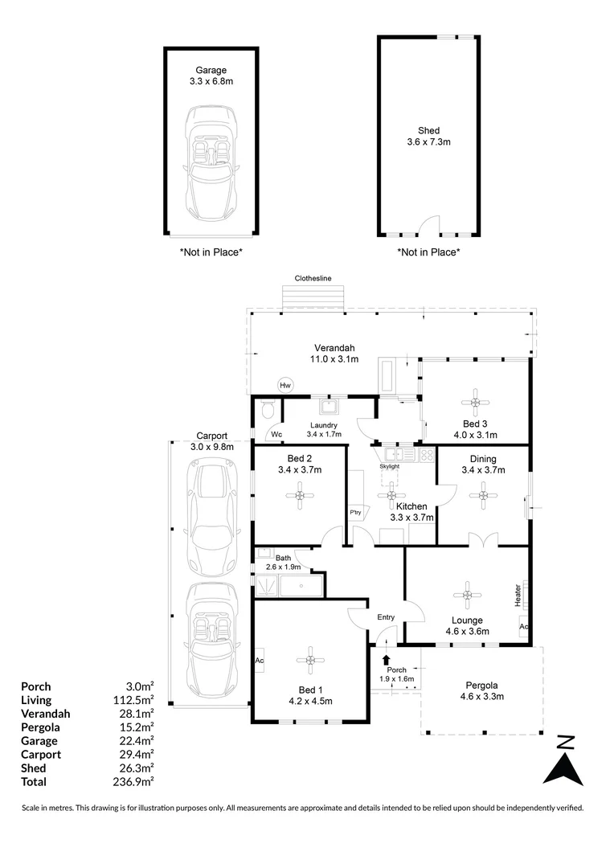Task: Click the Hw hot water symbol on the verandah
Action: (284, 385)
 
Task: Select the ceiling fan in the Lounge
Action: (466, 595)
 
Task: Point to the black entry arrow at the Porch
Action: (387, 660)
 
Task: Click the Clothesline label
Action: (313, 278)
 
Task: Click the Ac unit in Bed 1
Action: (260, 661)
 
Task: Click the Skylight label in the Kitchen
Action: (390, 465)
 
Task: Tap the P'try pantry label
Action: (354, 512)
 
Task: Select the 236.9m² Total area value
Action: (137, 781)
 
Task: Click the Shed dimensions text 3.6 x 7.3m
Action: (428, 142)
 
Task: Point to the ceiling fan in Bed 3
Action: (475, 400)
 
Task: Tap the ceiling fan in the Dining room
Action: (483, 496)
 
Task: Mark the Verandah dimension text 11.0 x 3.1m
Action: (335, 358)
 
